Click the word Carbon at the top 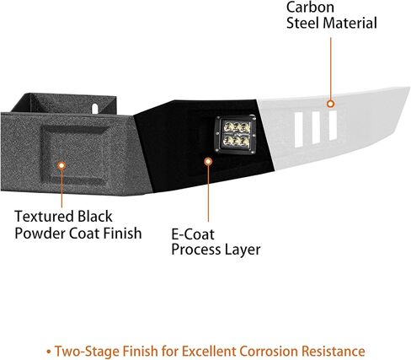coord(310,7)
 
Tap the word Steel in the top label coord(303,23)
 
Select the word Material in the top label coord(350,23)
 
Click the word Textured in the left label coord(45,217)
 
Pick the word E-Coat coord(193,234)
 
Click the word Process coord(196,250)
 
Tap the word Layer coord(243,250)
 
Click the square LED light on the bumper coord(236,134)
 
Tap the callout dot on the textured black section coord(61,165)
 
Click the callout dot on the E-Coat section coord(208,162)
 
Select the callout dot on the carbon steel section coord(331,104)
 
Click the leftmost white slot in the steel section coord(299,130)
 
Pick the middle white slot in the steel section coord(316,128)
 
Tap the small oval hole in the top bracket coord(95,109)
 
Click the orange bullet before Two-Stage coord(49,352)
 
